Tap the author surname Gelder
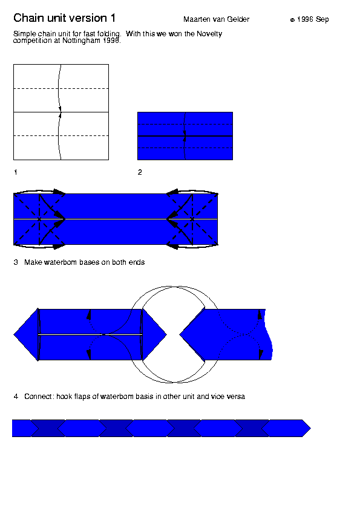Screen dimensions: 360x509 click(238, 19)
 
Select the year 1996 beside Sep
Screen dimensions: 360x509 click(305, 19)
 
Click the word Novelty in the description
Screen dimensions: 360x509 click(209, 34)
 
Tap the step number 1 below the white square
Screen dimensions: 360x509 click(15, 172)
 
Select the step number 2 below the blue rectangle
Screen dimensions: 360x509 click(140, 172)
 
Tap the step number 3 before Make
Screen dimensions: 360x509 click(16, 262)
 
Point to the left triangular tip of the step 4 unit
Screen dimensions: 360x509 click(14, 334)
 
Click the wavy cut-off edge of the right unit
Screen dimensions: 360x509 click(269, 334)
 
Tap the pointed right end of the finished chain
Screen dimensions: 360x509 click(310, 428)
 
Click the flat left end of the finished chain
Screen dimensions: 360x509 click(12, 428)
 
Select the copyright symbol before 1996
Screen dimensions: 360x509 click(292, 20)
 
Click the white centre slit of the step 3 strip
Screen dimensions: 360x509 click(116, 219)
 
